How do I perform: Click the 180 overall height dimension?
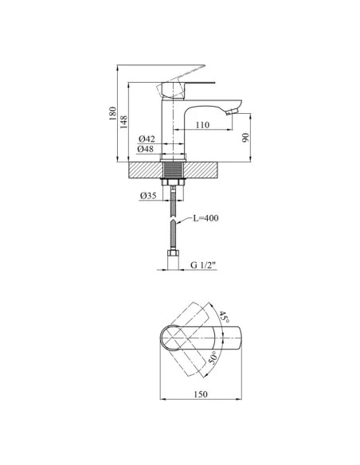pyautogui.click(x=112, y=113)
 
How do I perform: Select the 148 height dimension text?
pyautogui.click(x=123, y=122)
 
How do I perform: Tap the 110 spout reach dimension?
pyautogui.click(x=202, y=125)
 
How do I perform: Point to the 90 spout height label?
pyautogui.click(x=246, y=138)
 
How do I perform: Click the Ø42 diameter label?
pyautogui.click(x=147, y=139)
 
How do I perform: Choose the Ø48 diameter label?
pyautogui.click(x=145, y=149)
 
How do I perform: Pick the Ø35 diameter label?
pyautogui.click(x=148, y=196)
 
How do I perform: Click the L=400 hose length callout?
pyautogui.click(x=205, y=218)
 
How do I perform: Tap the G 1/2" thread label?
pyautogui.click(x=202, y=265)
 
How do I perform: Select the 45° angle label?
pyautogui.click(x=224, y=318)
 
